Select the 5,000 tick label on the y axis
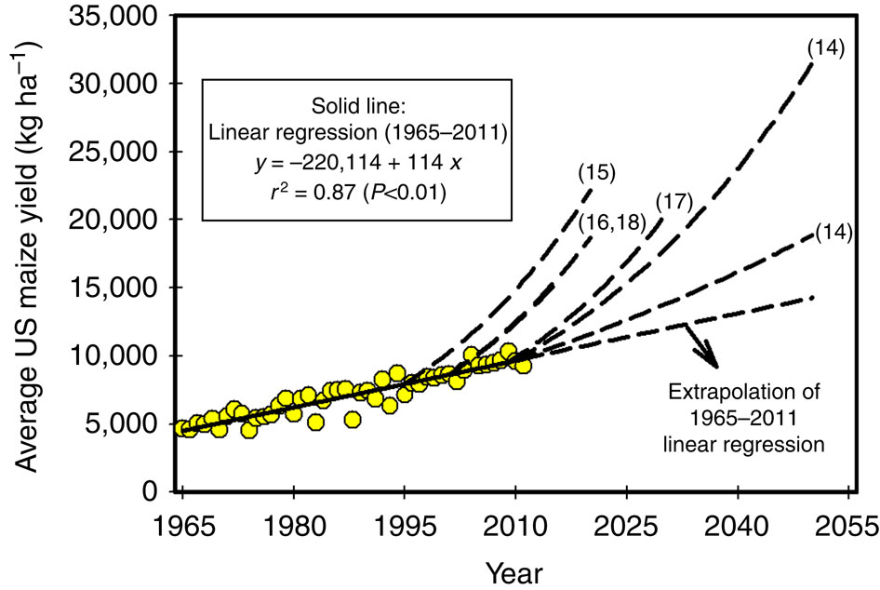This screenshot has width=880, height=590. (119, 424)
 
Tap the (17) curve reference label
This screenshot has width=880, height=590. (672, 201)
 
